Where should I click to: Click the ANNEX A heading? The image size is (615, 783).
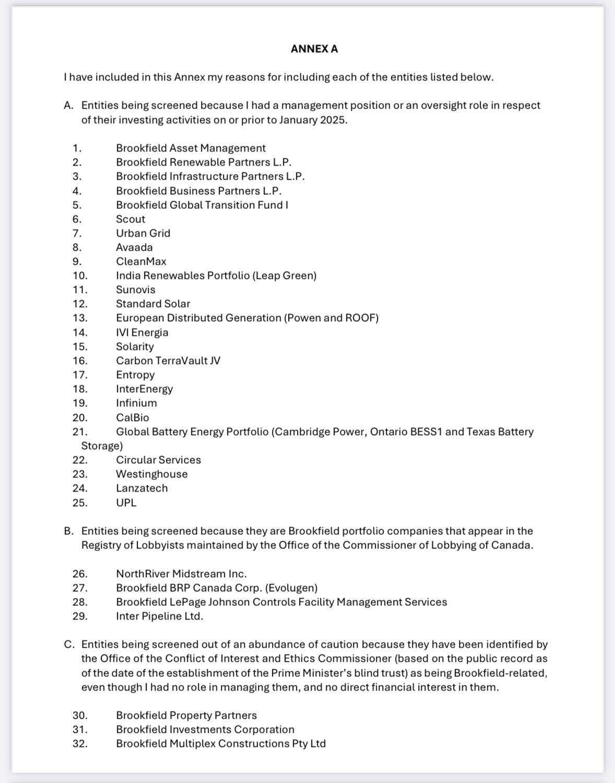pos(314,49)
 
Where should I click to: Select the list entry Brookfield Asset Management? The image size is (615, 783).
pos(191,148)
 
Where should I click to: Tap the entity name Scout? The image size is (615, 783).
pos(131,219)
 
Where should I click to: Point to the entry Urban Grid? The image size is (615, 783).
pos(143,233)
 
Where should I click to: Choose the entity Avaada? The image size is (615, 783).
pos(134,248)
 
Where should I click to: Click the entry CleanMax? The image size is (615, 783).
pos(141,262)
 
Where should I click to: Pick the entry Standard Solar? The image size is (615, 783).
pos(153,304)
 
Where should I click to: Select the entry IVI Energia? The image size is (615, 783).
pos(142,333)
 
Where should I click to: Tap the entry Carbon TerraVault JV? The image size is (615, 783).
pos(168,361)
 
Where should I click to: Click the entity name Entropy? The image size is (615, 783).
pos(135,375)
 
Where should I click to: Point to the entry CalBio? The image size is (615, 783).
pos(133,418)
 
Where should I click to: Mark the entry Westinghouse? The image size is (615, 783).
pos(151,474)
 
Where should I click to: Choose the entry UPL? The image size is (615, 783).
pos(126,503)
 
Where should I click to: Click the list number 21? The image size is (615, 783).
pos(80,432)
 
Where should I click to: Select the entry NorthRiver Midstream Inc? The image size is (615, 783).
pos(181,574)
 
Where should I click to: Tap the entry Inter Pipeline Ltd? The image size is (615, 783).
pos(159,616)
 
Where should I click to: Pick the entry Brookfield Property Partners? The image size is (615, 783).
pos(186,716)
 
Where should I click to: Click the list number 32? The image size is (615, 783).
pos(80,744)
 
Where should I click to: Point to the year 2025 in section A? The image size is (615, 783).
pos(333,120)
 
